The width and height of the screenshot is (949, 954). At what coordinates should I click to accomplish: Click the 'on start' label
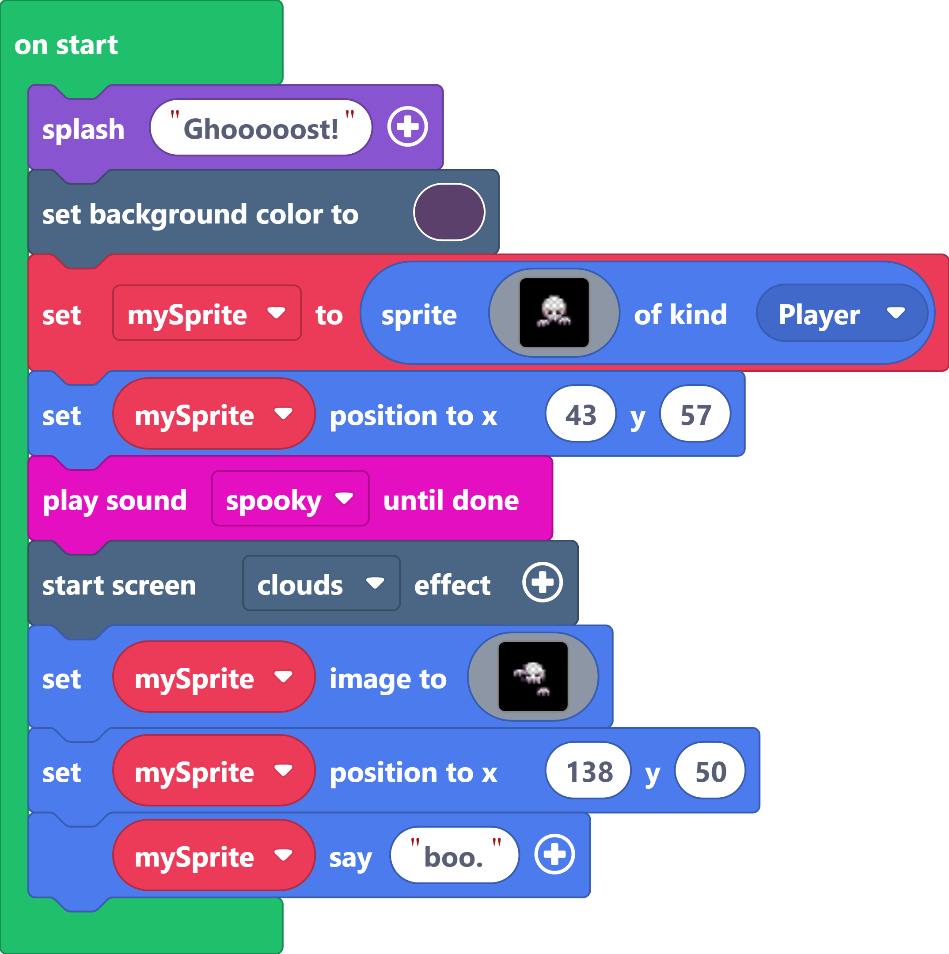coord(66,45)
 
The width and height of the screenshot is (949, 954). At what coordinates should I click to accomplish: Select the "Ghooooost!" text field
coord(261,129)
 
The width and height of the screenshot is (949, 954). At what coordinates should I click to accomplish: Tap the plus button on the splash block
coord(407,127)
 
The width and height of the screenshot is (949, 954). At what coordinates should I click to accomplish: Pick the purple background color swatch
coord(449,212)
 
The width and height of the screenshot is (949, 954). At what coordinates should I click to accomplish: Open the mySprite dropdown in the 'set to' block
coord(206,314)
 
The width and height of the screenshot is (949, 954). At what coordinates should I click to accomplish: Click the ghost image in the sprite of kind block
coord(554,313)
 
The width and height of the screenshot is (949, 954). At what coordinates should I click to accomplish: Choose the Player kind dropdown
coord(841,314)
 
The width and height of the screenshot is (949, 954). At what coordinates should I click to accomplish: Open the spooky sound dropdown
coord(289,499)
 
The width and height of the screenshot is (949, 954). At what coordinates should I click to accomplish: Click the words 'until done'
coord(451,500)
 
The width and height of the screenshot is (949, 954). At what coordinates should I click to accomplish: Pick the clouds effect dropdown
coord(321,583)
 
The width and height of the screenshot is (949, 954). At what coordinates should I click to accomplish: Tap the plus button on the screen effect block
coord(543,583)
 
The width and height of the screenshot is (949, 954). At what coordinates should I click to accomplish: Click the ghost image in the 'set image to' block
coord(533,677)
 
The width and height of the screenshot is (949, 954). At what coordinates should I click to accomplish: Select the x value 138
coord(589,772)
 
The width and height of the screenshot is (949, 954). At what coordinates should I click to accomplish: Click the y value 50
coord(710,772)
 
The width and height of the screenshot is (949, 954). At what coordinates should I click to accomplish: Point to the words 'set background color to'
coord(200,214)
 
